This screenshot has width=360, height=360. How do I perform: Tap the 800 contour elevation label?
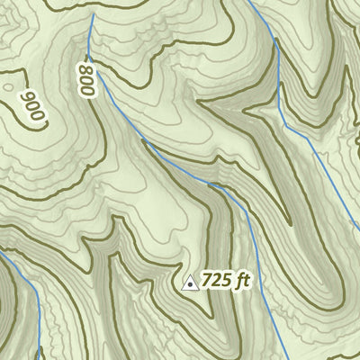click(86, 78)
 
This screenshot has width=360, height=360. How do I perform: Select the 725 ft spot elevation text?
click(225, 280)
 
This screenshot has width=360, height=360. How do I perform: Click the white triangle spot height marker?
click(190, 283)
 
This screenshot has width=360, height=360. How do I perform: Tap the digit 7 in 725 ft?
click(208, 280)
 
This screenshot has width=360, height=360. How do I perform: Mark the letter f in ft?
click(238, 280)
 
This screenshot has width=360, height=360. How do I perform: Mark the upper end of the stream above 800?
click(91, 15)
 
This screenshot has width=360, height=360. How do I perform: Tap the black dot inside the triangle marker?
click(190, 284)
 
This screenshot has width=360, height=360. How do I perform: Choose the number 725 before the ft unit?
click(217, 280)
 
